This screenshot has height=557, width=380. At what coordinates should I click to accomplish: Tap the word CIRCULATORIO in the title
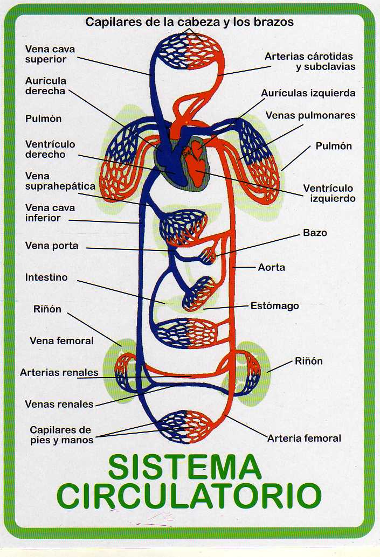190,496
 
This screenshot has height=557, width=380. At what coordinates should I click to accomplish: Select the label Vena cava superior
50,54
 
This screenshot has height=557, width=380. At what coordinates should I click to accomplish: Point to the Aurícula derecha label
46,86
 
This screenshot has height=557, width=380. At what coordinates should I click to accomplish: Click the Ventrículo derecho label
50,149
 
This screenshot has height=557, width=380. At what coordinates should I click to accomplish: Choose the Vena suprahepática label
60,181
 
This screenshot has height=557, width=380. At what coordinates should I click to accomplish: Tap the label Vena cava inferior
50,213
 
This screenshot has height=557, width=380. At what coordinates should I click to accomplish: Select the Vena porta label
52,246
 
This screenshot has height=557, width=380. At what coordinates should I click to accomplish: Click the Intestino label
46,277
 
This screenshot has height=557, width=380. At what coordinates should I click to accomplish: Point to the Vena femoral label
61,340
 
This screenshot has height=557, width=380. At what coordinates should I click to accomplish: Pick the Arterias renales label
59,372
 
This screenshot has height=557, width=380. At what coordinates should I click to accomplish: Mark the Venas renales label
59,404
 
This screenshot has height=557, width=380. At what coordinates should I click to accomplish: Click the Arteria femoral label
304,438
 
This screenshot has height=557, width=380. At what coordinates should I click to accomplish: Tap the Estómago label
274,306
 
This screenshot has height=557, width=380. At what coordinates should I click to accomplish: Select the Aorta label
272,267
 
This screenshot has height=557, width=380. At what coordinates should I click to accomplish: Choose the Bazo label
315,233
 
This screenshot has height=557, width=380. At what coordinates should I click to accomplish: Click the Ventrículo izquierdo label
328,193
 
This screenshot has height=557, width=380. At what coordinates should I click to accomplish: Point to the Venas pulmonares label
310,115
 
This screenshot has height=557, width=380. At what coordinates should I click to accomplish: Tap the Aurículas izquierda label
308,93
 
